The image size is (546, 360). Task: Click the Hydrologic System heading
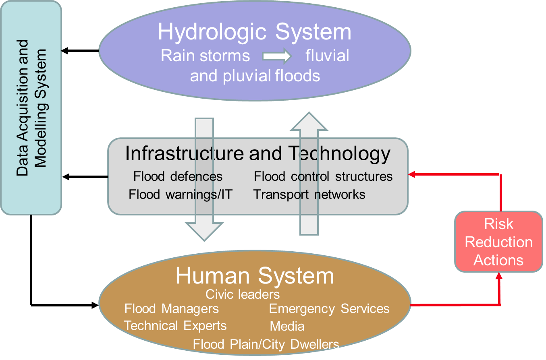click(x=254, y=32)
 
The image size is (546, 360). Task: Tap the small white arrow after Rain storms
click(x=277, y=56)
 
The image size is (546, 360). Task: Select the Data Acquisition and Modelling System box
click(x=31, y=108)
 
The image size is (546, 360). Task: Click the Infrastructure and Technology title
click(x=258, y=153)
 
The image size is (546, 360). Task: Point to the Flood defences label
click(x=178, y=176)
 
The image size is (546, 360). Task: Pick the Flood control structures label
click(x=323, y=176)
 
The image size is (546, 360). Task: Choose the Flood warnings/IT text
click(x=181, y=194)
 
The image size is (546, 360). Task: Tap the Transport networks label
click(x=309, y=194)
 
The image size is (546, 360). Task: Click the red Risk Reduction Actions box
click(x=499, y=242)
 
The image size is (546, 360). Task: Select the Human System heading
click(x=255, y=276)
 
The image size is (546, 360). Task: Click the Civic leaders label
click(x=243, y=294)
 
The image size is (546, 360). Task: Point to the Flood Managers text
click(x=172, y=309)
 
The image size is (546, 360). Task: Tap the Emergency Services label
click(x=329, y=309)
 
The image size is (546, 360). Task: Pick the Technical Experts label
click(x=175, y=325)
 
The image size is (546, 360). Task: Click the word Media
click(x=287, y=326)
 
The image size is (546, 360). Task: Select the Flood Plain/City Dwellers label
click(x=266, y=344)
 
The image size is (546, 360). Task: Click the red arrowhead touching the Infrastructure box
click(x=412, y=174)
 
